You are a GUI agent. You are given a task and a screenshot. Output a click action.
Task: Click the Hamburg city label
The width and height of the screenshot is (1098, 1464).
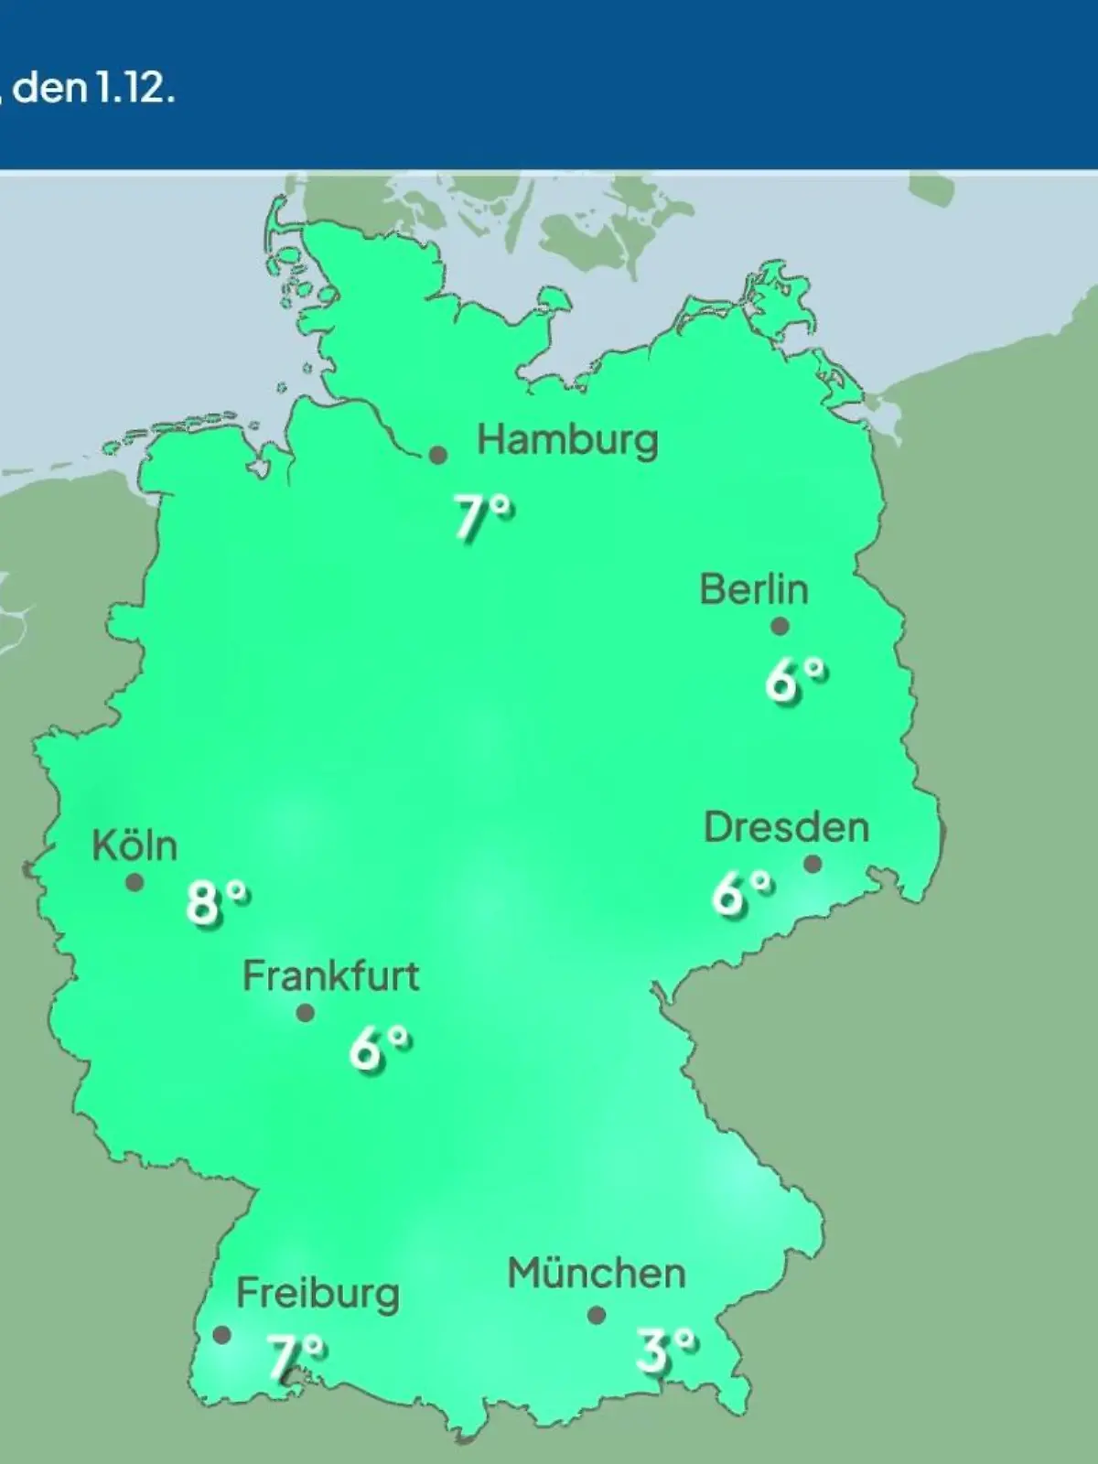click(567, 441)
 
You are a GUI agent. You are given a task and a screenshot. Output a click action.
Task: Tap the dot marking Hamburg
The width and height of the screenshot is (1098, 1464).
click(438, 455)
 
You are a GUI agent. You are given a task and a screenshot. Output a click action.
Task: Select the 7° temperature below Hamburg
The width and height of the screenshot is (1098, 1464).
click(483, 518)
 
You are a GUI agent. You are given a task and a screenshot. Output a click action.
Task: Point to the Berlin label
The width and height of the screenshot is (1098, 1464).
click(754, 589)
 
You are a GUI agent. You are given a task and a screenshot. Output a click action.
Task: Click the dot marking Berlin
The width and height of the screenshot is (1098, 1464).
click(780, 627)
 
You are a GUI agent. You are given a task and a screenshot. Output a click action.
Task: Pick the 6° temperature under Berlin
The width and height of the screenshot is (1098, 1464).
click(796, 681)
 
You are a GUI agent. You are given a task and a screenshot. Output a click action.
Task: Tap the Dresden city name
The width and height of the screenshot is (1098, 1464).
click(786, 828)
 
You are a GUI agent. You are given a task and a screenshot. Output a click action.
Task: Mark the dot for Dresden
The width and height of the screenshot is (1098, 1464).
click(813, 864)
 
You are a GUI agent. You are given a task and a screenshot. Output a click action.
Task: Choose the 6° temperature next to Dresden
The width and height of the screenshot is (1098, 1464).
click(742, 893)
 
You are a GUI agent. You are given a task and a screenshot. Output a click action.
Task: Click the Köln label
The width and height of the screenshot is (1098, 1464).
click(135, 845)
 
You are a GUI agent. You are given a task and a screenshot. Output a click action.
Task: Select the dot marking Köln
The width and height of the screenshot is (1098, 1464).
click(135, 882)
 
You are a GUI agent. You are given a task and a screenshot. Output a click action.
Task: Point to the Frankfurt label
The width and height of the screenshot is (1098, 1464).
click(330, 976)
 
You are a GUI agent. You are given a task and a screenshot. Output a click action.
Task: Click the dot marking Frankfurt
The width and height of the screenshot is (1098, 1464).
click(306, 1013)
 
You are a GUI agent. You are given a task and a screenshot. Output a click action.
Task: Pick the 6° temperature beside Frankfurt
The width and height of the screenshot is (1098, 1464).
click(379, 1049)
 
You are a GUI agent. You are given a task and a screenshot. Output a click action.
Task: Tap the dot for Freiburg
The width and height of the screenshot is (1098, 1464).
click(221, 1335)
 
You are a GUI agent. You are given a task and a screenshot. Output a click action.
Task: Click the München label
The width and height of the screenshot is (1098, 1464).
click(597, 1274)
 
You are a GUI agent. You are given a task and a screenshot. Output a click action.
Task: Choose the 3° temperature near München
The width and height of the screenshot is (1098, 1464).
click(666, 1351)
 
